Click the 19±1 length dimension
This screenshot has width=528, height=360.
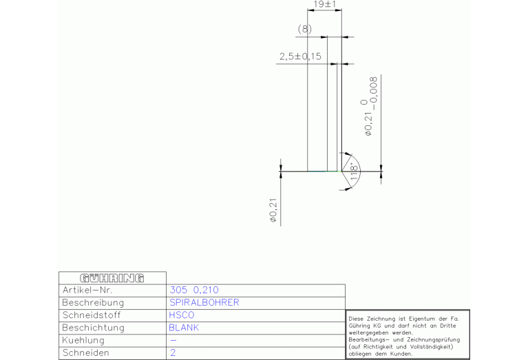(x=325, y=4)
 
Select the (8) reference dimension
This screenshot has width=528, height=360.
(x=305, y=29)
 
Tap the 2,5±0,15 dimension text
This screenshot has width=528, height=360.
(x=300, y=56)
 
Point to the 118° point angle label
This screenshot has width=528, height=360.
(x=354, y=172)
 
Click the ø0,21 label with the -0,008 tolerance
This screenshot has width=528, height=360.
(x=369, y=107)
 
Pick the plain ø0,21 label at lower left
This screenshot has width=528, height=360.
(x=273, y=211)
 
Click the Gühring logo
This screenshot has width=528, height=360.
(x=112, y=278)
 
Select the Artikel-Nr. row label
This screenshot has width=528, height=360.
(x=87, y=290)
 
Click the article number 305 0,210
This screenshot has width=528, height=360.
(x=194, y=290)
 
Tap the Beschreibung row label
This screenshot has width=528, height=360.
(x=93, y=302)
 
